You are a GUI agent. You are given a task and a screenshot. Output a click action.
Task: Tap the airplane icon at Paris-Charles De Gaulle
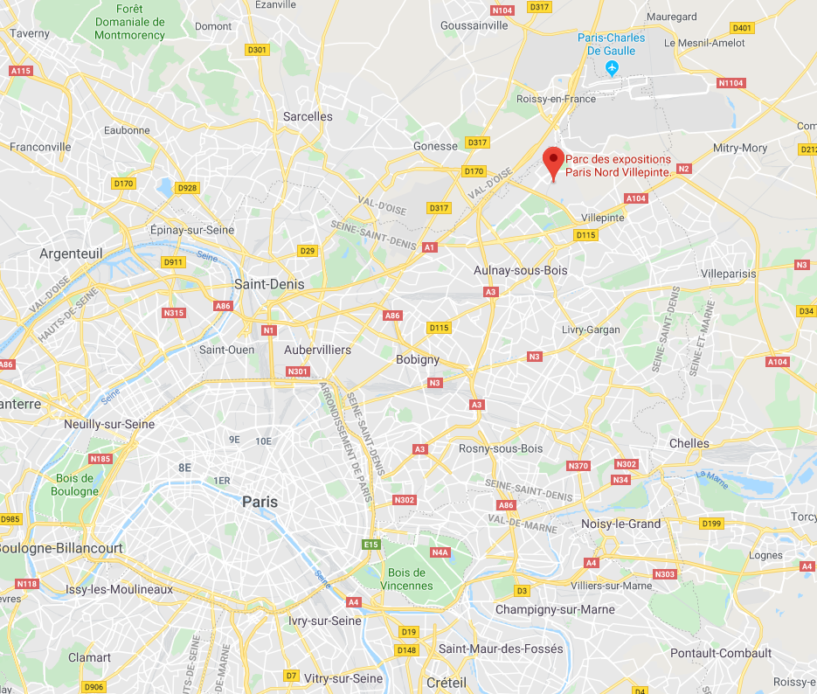[612, 67]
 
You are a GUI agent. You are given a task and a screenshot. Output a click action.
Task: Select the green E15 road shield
[372, 545]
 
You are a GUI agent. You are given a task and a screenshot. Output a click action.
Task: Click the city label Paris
[260, 502]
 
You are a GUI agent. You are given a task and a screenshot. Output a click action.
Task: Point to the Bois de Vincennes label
[406, 579]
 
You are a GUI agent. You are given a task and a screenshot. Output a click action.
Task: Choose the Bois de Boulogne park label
[74, 484]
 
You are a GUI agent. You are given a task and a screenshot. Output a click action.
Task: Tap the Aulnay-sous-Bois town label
[520, 270]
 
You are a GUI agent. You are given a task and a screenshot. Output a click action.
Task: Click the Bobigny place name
[418, 359]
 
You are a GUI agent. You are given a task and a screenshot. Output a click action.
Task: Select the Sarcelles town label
[308, 116]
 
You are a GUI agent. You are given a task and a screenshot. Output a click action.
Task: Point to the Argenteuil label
[71, 253]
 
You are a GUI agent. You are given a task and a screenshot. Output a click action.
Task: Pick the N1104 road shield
[730, 83]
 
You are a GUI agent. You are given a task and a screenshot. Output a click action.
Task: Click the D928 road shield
[187, 188]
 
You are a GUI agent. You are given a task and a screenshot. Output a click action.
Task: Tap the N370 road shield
[578, 466]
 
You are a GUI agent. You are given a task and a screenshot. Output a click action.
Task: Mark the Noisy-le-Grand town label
[621, 524]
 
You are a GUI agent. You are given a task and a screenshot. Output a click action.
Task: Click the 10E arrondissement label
[264, 441]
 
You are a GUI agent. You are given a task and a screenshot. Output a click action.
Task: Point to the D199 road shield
[713, 524]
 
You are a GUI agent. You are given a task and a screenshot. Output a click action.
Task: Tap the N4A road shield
[440, 552]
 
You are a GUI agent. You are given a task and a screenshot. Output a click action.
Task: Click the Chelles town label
[689, 443]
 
